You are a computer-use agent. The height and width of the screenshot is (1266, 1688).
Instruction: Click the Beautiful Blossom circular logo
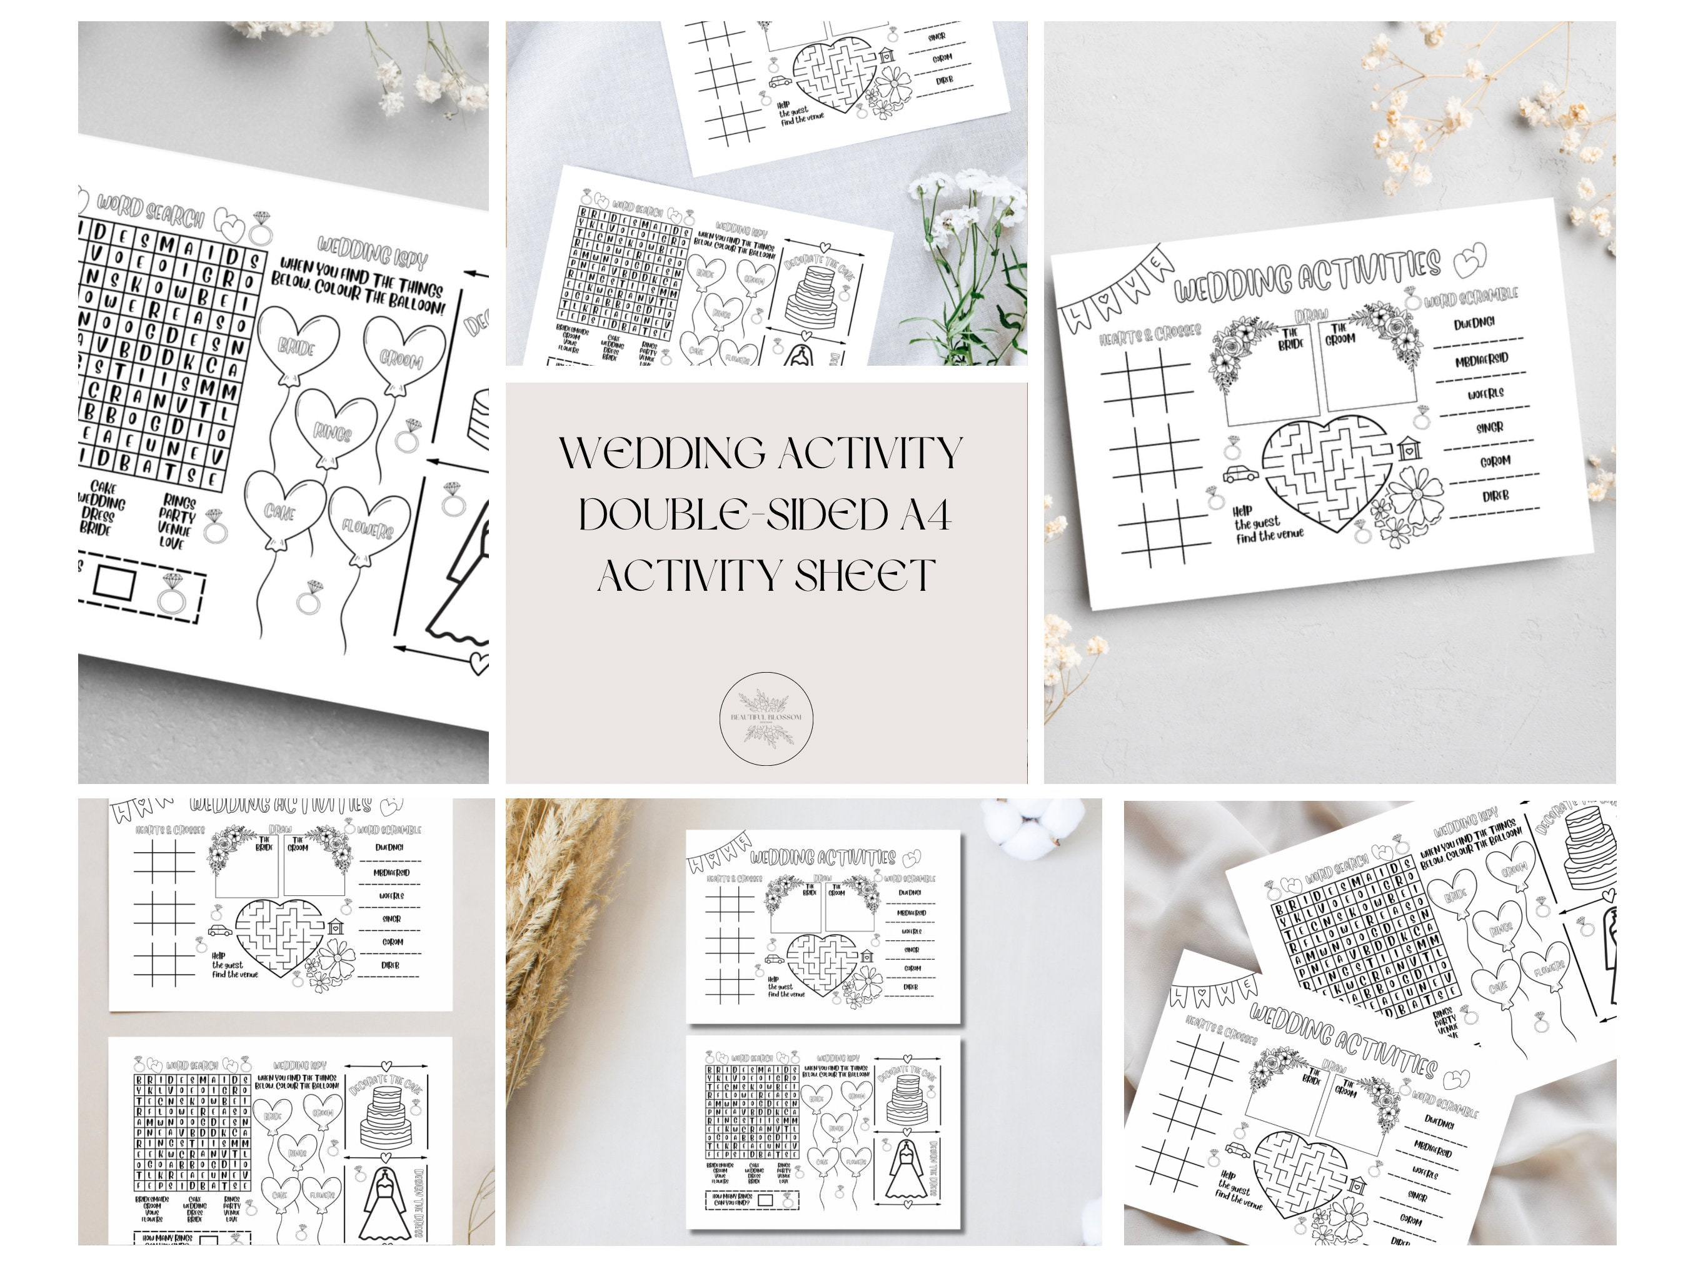[766, 718]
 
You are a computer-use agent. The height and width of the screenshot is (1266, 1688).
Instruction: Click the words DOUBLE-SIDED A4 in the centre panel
[765, 515]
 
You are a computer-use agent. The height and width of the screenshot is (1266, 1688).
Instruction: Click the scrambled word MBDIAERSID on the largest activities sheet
[1481, 359]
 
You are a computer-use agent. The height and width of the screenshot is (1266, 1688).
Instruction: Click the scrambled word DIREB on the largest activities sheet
[1495, 496]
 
